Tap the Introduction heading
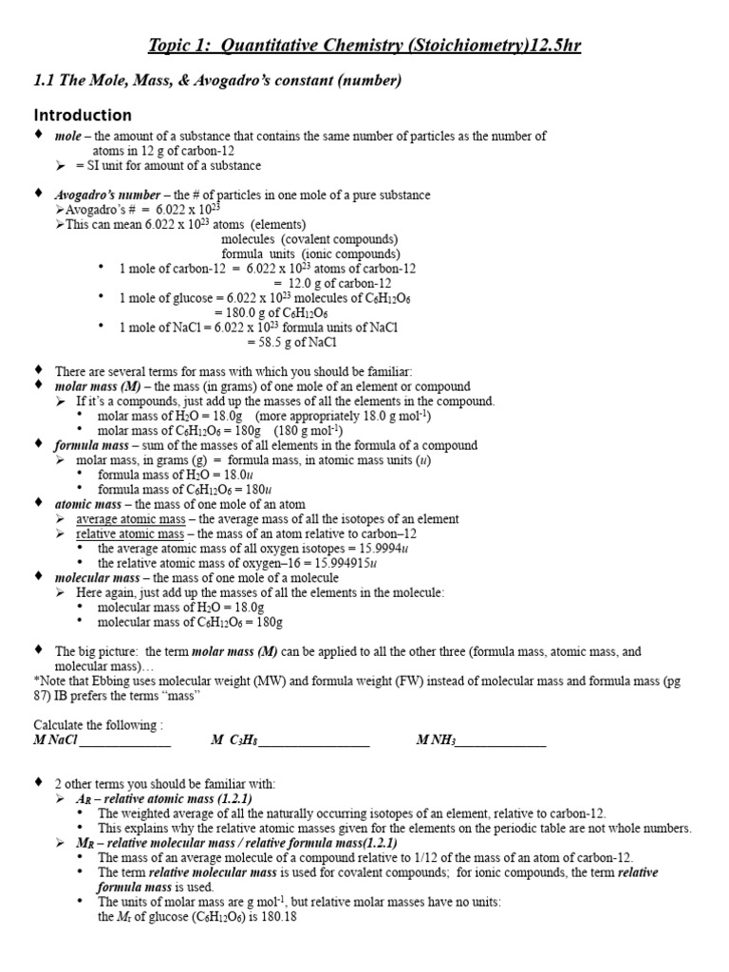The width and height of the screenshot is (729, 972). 83,115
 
